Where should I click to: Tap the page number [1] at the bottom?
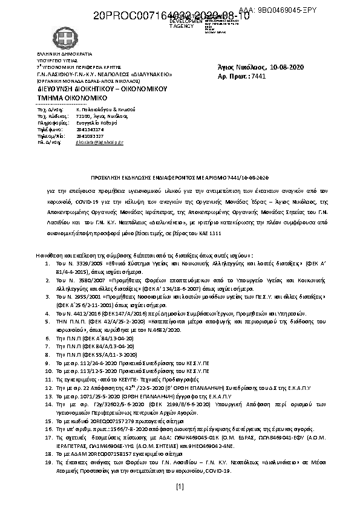click(180, 487)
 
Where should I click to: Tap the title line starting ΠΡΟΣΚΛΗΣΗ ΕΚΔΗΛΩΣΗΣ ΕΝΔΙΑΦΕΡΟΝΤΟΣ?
click(179, 177)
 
